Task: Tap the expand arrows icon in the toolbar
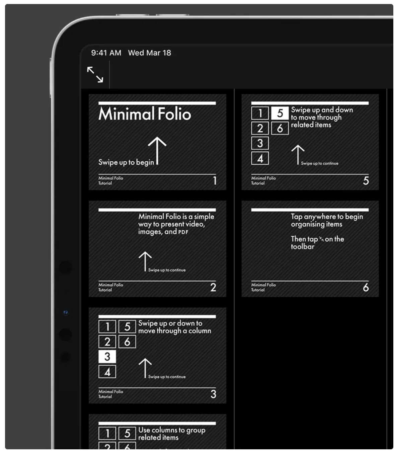tap(95, 74)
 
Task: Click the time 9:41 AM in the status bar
tap(106, 53)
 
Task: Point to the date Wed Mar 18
tap(150, 53)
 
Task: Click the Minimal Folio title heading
tap(145, 114)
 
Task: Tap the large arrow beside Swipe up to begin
tap(157, 151)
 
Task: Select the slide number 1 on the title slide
tap(215, 181)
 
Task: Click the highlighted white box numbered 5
tap(280, 113)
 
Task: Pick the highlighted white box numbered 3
tap(107, 357)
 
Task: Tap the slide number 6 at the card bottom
tap(366, 287)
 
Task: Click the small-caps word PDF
tap(183, 232)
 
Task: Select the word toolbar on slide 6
tap(303, 247)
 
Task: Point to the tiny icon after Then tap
tap(321, 239)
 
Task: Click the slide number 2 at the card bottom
tap(213, 287)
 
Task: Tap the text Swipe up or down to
tap(170, 323)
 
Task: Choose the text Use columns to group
tap(172, 430)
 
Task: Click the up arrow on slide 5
tap(298, 154)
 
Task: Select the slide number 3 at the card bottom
tap(213, 394)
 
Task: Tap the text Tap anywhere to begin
tap(327, 217)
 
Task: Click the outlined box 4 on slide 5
tap(260, 158)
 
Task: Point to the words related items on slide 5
tap(311, 125)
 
